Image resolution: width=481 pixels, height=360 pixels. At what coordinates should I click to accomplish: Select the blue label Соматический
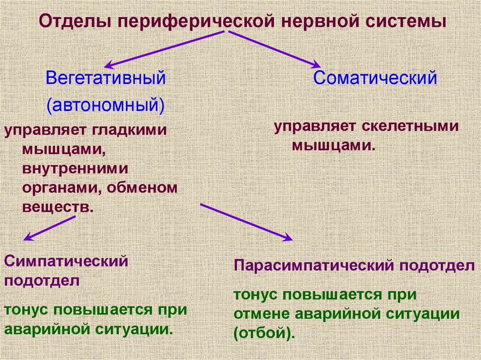pyautogui.click(x=375, y=77)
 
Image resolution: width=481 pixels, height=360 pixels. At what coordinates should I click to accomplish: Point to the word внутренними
pyautogui.click(x=75, y=168)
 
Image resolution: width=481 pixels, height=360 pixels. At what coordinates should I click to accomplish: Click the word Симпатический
pyautogui.click(x=66, y=261)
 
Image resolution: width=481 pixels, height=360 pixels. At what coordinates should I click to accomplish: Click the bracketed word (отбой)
pyautogui.click(x=264, y=333)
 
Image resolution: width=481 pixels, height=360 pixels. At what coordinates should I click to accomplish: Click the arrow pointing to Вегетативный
pyautogui.click(x=166, y=49)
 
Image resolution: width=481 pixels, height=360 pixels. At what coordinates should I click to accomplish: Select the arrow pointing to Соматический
pyautogui.click(x=275, y=49)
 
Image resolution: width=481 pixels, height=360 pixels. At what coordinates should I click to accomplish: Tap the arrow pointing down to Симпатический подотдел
pyautogui.click(x=50, y=228)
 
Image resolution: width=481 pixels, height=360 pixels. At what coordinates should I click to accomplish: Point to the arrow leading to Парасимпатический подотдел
pyautogui.click(x=246, y=222)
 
